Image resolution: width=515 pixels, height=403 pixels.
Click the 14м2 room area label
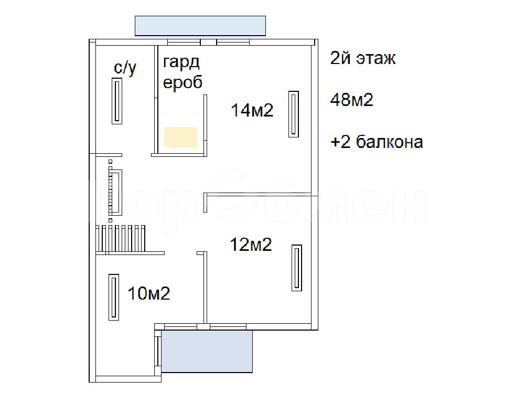252,110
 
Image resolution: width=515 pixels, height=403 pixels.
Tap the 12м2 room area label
251,245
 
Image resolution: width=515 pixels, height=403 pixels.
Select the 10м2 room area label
149,293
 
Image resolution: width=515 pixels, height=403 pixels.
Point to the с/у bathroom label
125,68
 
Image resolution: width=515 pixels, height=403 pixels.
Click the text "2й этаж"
363,58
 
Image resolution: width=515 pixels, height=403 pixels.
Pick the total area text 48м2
352,100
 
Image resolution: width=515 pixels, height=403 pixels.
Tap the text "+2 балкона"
377,142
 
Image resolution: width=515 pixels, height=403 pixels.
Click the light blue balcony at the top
200,26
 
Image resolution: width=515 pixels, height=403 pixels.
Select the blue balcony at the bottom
207,352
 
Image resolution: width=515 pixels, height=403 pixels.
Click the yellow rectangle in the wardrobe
180,137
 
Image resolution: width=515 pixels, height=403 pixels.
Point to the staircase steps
121,238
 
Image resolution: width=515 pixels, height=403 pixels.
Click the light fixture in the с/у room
117,101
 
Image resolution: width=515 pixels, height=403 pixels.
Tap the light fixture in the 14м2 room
294,114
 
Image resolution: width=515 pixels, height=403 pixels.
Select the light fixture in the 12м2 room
297,268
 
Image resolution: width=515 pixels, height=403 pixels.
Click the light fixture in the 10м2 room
114,297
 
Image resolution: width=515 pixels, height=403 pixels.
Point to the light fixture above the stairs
115,193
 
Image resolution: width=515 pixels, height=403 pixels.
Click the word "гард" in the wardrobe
181,62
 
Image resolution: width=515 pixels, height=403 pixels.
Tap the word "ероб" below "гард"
183,82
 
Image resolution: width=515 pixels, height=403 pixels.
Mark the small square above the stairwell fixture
110,162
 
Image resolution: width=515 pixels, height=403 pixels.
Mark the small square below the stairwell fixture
110,220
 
